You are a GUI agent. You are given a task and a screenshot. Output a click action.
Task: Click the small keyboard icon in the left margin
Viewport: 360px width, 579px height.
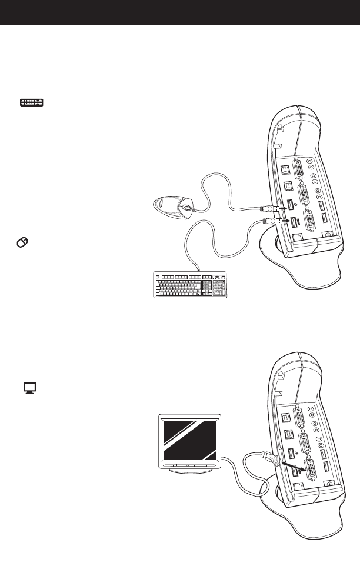click(x=32, y=103)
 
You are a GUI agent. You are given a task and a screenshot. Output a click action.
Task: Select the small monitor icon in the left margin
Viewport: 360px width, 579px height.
click(x=30, y=387)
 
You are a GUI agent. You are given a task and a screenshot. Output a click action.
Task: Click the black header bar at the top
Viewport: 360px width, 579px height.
click(x=180, y=12)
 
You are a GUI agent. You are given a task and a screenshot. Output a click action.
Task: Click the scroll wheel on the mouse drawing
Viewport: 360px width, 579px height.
click(x=186, y=208)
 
